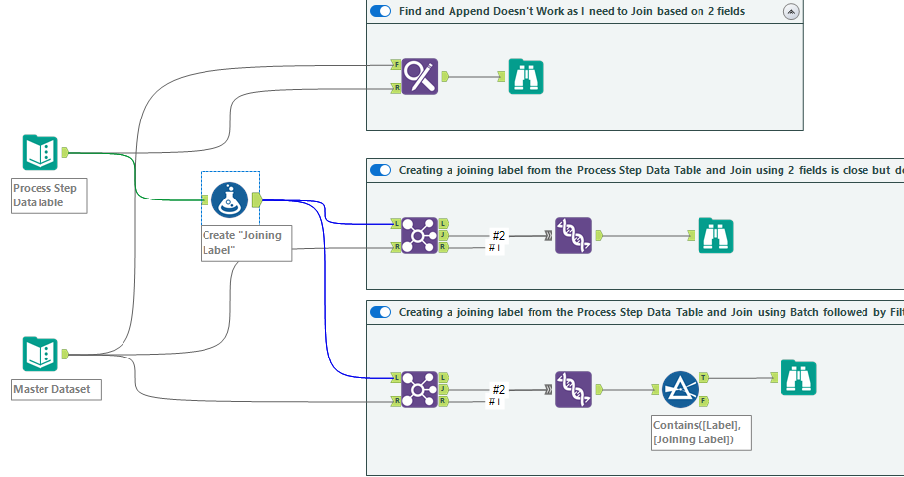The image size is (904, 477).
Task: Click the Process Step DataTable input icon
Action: click(41, 153)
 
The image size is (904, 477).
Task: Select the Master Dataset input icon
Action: click(41, 354)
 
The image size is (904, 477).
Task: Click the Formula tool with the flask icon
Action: click(229, 200)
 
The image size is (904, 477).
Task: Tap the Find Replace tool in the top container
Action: click(420, 77)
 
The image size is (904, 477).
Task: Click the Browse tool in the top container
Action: click(526, 76)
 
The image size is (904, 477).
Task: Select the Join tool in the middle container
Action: click(420, 236)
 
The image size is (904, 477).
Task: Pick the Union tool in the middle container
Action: click(573, 236)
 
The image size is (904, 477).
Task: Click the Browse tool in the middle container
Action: click(715, 236)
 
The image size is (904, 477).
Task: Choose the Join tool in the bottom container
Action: click(420, 389)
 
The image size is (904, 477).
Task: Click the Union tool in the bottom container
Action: click(573, 389)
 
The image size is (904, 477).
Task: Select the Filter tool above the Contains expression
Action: click(680, 389)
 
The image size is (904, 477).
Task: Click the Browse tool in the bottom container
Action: click(798, 378)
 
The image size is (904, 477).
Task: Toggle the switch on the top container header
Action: click(380, 11)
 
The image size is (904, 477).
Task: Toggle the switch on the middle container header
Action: click(380, 170)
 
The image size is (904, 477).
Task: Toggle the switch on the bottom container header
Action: click(380, 312)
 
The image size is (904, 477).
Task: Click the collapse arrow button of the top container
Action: click(790, 11)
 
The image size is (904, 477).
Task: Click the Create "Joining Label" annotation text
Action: click(241, 242)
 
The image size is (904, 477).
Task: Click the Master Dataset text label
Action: click(51, 389)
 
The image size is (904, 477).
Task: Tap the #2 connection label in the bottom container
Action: click(499, 389)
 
